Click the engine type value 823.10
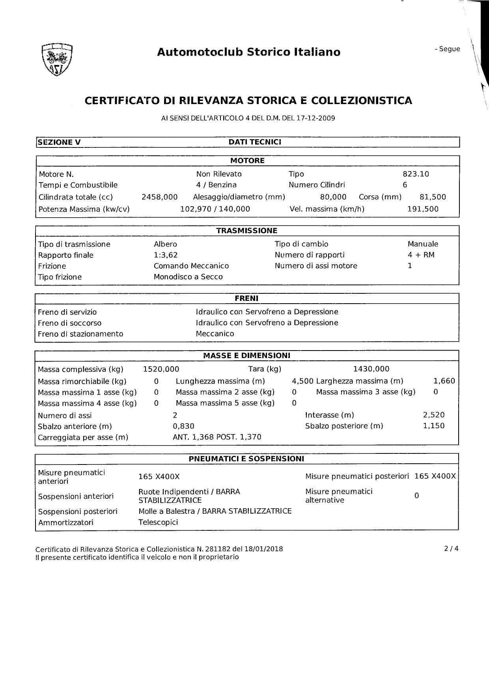(x=416, y=174)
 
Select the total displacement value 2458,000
(x=159, y=197)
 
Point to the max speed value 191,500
(x=423, y=209)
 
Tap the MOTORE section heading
(x=247, y=160)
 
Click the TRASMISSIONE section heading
(x=246, y=231)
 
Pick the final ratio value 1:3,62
(x=166, y=255)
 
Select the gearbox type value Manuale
(x=423, y=244)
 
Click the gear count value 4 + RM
(x=421, y=255)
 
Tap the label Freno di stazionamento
(x=80, y=334)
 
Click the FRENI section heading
(x=246, y=298)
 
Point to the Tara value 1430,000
(x=371, y=369)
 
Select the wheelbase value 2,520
(x=433, y=415)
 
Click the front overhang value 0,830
(x=183, y=426)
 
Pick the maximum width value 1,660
(x=444, y=381)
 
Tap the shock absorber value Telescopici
(x=158, y=522)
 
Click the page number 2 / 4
(x=451, y=548)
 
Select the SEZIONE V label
(x=59, y=142)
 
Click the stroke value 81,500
(x=433, y=197)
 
